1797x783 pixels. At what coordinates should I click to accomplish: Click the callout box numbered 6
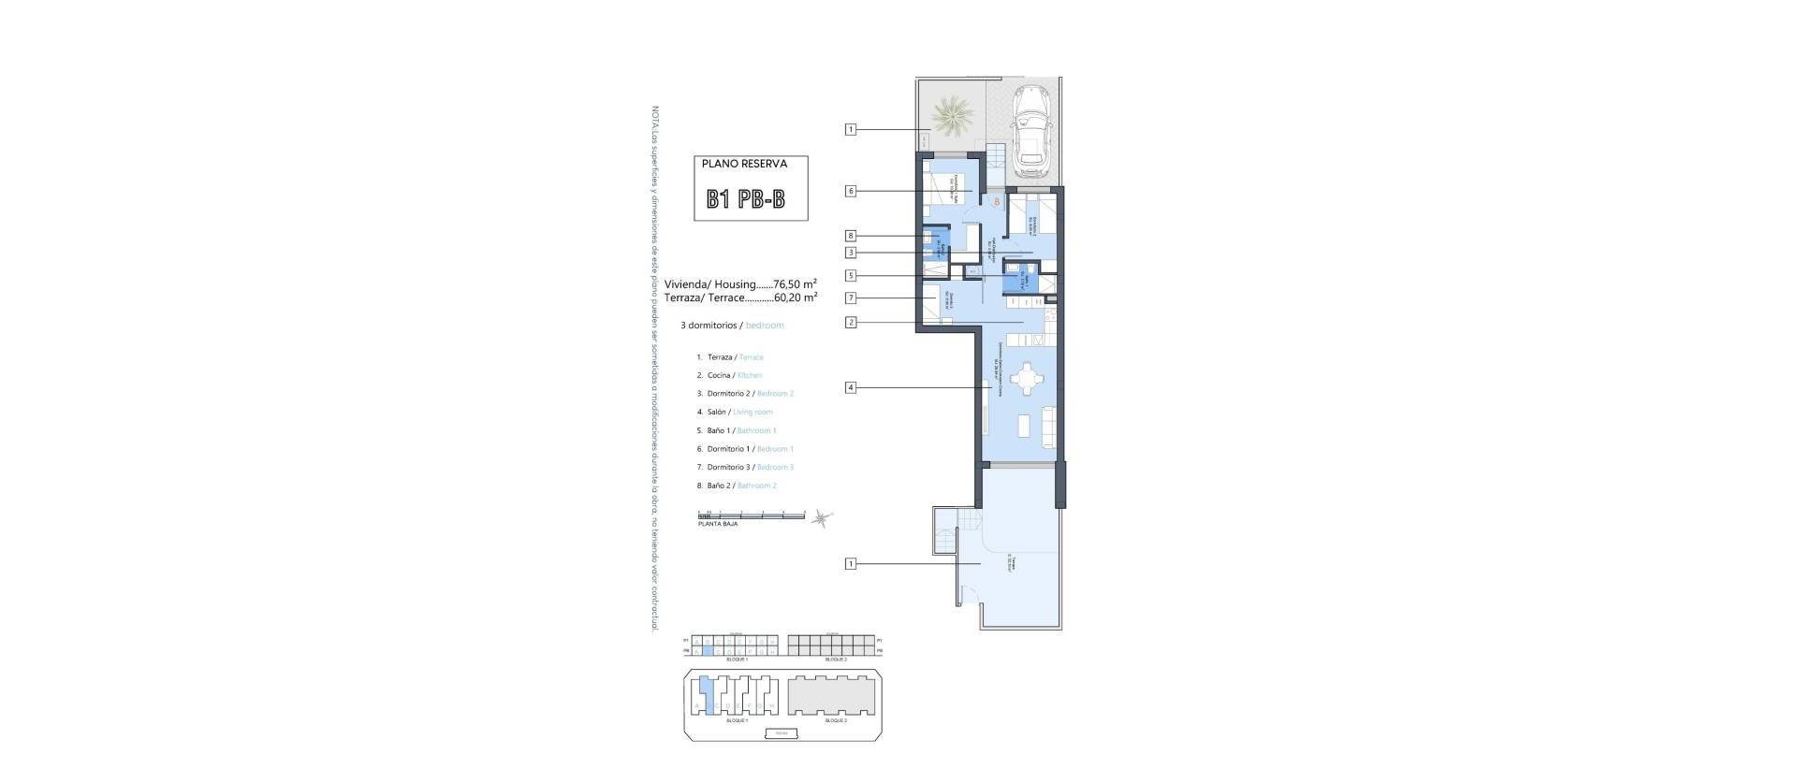[850, 191]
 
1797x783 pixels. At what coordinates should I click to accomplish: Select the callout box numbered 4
[850, 387]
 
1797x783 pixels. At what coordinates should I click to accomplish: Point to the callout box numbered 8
[850, 237]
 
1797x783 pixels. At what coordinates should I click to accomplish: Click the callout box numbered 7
[850, 298]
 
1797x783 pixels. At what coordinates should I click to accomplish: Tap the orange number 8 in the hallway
[997, 201]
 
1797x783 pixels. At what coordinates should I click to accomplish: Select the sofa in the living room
[1049, 426]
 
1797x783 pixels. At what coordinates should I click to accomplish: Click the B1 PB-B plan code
[745, 199]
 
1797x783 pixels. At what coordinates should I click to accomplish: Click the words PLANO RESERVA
[744, 164]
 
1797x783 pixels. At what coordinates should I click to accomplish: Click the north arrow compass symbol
[822, 517]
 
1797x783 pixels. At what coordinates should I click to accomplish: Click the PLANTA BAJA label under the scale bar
[718, 524]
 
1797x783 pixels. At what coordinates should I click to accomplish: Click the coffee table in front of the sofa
[1025, 426]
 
